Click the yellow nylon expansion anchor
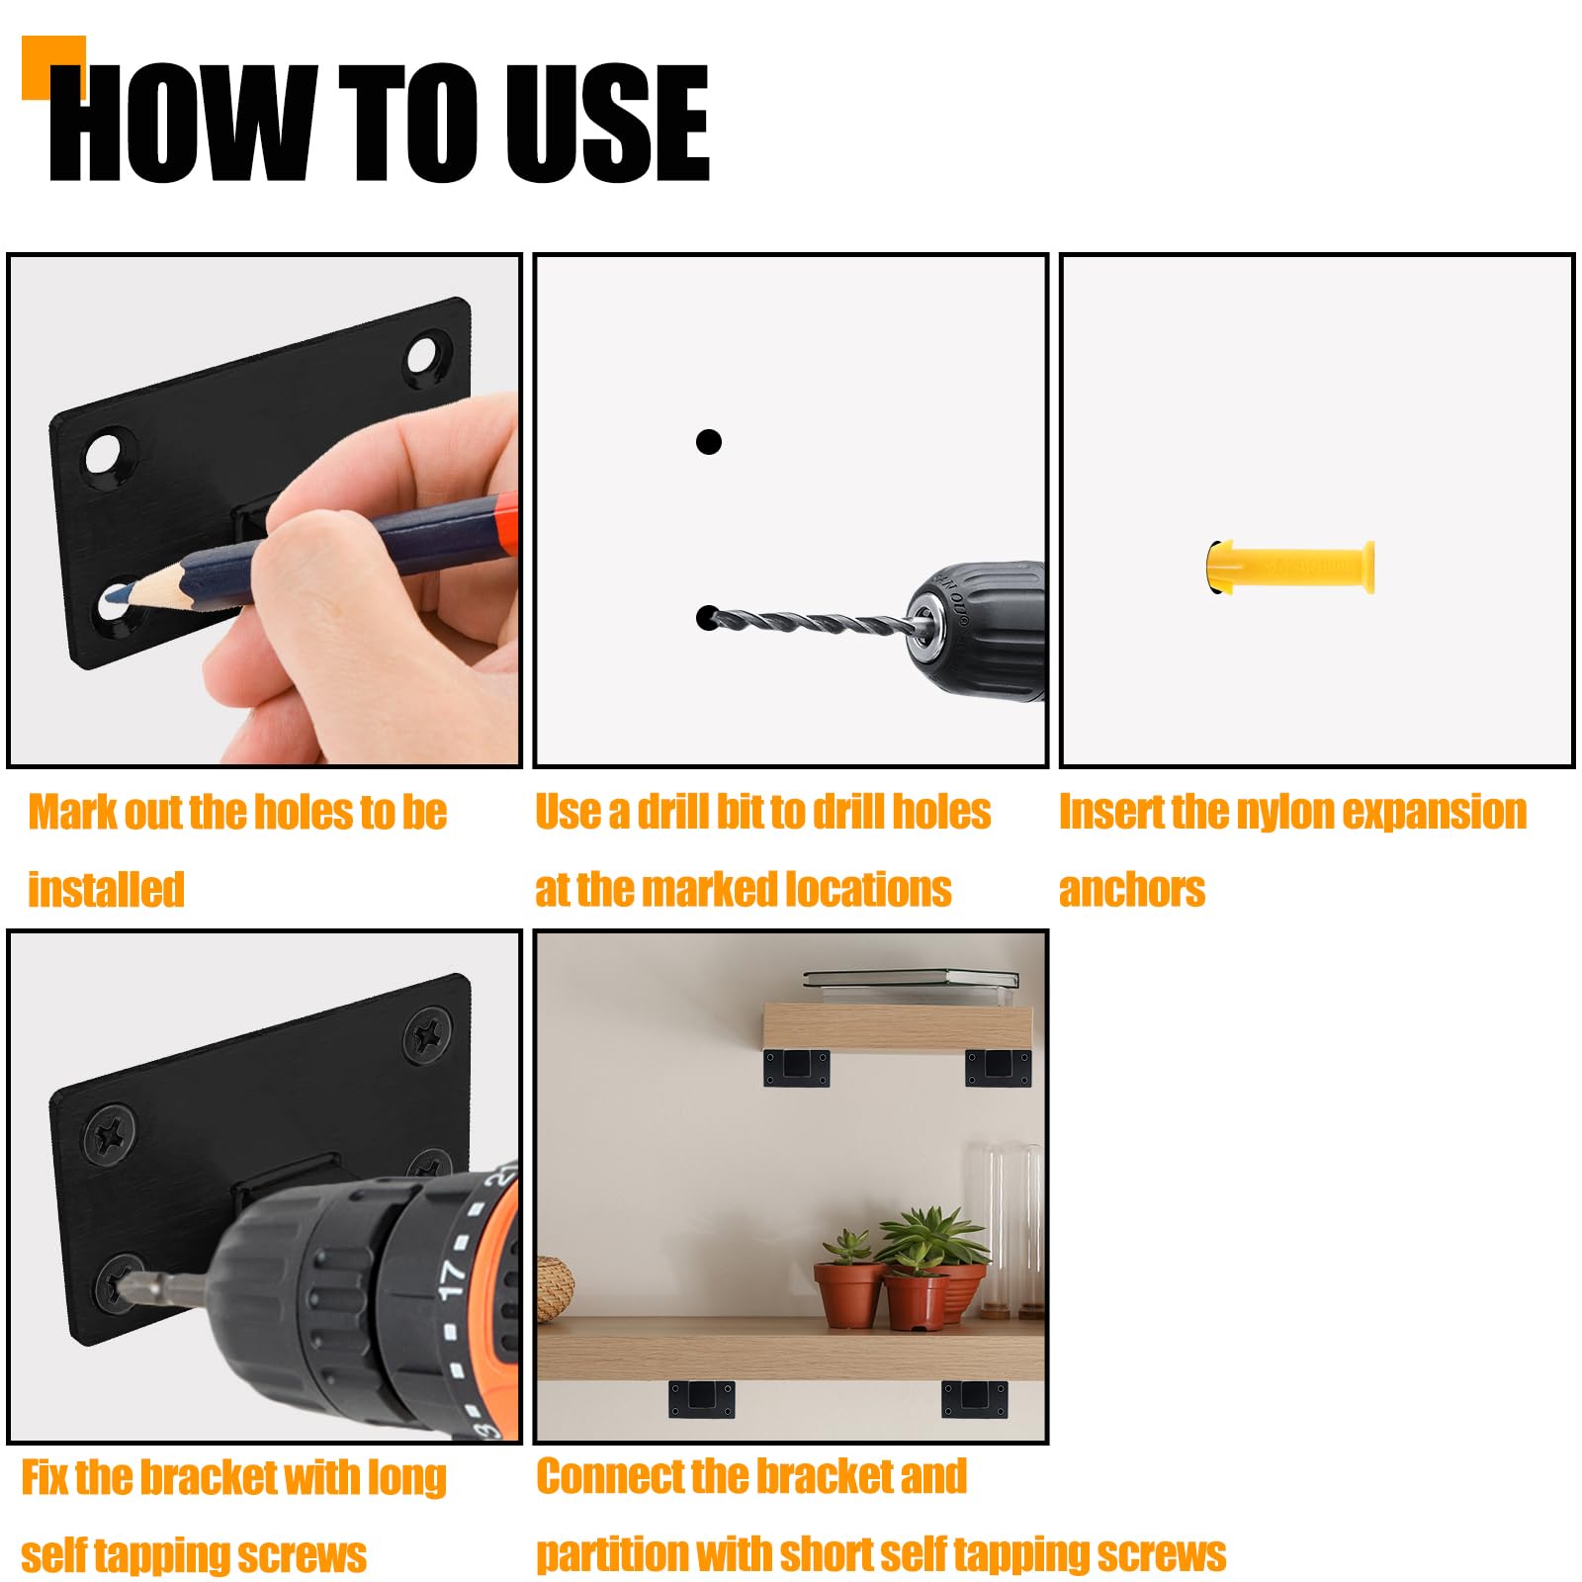1290,568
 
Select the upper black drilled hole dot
708,442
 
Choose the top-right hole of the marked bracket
425,354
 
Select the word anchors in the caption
1132,890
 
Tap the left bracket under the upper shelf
796,1067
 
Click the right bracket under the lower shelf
974,1399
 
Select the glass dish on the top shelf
911,979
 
